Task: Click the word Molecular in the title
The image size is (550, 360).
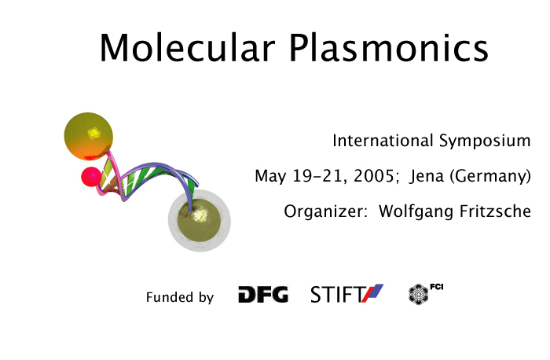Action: (x=187, y=48)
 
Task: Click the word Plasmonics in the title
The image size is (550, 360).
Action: (x=389, y=48)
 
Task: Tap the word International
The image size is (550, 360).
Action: (x=383, y=141)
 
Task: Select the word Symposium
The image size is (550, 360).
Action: (x=485, y=141)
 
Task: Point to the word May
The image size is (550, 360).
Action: (x=270, y=176)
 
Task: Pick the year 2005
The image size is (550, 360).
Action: (x=374, y=176)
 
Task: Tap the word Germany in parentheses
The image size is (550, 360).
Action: (x=491, y=177)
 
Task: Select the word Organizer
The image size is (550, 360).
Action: (x=323, y=211)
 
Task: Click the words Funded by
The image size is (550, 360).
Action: (x=180, y=297)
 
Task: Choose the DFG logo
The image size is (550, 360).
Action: (x=263, y=294)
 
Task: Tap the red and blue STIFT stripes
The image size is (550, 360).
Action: (x=372, y=293)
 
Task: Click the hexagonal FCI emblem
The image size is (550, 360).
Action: (x=419, y=294)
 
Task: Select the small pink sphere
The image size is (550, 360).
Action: (x=91, y=177)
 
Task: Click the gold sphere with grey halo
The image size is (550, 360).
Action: (x=200, y=220)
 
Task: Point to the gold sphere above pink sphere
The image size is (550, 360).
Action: (x=88, y=136)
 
